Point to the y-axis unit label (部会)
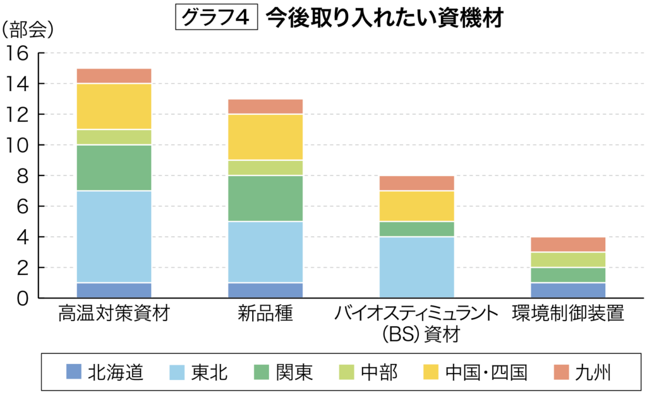28,29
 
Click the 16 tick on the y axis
18,53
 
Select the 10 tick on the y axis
18,145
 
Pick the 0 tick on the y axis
23,298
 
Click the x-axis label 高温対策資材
114,314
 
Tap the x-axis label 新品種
265,314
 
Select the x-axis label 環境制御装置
568,314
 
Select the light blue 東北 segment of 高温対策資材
114,237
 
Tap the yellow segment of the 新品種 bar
265,137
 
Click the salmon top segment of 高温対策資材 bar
114,76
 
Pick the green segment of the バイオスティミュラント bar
417,229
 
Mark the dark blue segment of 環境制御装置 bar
568,290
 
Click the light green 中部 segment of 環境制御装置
568,260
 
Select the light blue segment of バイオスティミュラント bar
417,268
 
